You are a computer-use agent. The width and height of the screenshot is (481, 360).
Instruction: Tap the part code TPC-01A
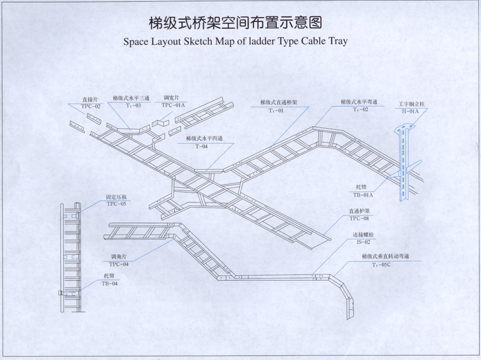click(x=173, y=105)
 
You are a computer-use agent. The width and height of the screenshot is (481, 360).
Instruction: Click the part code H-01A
click(x=409, y=111)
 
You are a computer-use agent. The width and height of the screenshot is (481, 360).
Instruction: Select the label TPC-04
click(x=118, y=264)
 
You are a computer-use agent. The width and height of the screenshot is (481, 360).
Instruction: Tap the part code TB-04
click(x=109, y=283)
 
